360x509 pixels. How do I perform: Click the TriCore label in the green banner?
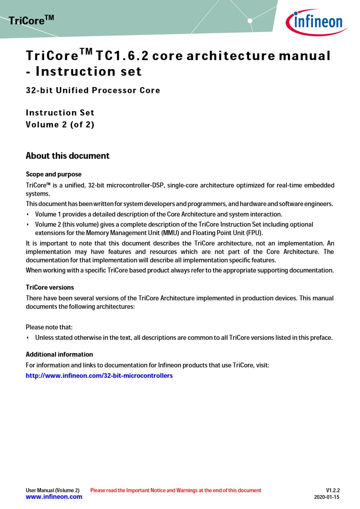(x=31, y=20)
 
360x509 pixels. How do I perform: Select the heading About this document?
(x=67, y=156)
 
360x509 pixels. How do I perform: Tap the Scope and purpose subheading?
(x=53, y=174)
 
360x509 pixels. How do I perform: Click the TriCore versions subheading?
(x=50, y=288)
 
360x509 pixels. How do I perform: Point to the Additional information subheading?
(x=59, y=354)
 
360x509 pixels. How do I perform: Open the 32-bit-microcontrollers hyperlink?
(x=99, y=375)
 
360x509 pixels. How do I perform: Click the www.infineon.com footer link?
(x=54, y=497)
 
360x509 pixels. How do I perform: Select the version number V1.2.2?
(x=333, y=490)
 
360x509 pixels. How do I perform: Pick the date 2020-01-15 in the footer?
(x=327, y=497)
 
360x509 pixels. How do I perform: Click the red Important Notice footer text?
(x=175, y=490)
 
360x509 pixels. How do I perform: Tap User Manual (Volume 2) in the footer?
(x=53, y=490)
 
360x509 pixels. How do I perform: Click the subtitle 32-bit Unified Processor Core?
(x=93, y=90)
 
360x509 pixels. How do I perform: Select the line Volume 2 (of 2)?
(x=60, y=124)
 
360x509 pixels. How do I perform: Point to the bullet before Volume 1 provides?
(x=28, y=214)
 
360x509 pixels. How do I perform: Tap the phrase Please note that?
(x=49, y=327)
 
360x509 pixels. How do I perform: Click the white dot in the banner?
(x=250, y=21)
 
